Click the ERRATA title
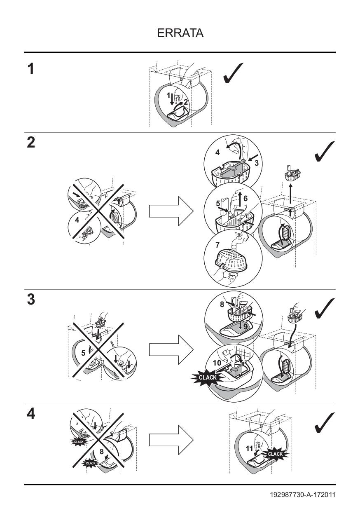[x=180, y=33]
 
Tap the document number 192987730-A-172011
[x=303, y=495]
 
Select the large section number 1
[x=31, y=69]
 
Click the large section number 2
[x=31, y=143]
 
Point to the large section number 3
[x=31, y=300]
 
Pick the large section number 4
[x=31, y=414]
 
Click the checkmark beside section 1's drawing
[x=233, y=73]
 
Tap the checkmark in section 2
[x=325, y=151]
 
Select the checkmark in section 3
[x=325, y=308]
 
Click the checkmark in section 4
[x=325, y=423]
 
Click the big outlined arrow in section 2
[x=171, y=211]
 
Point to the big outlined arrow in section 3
[x=171, y=350]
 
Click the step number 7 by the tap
[x=217, y=245]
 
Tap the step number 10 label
[x=217, y=363]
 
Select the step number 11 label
[x=249, y=449]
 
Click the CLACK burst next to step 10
[x=207, y=377]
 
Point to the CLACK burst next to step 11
[x=275, y=454]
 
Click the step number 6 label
[x=245, y=199]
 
